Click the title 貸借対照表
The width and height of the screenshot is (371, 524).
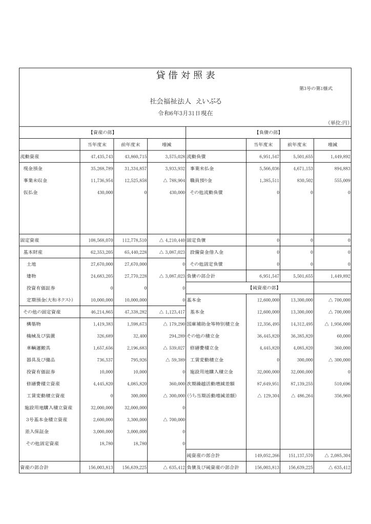pyautogui.click(x=185, y=75)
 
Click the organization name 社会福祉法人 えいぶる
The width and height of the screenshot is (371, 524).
pyautogui.click(x=185, y=101)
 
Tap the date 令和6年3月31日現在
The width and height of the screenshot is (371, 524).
pyautogui.click(x=185, y=113)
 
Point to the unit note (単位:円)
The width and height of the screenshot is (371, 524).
pyautogui.click(x=338, y=123)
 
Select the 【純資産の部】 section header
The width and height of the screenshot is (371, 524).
pyautogui.click(x=268, y=288)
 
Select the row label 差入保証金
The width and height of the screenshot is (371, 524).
pyautogui.click(x=36, y=432)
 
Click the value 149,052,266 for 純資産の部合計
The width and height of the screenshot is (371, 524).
pyautogui.click(x=264, y=455)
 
